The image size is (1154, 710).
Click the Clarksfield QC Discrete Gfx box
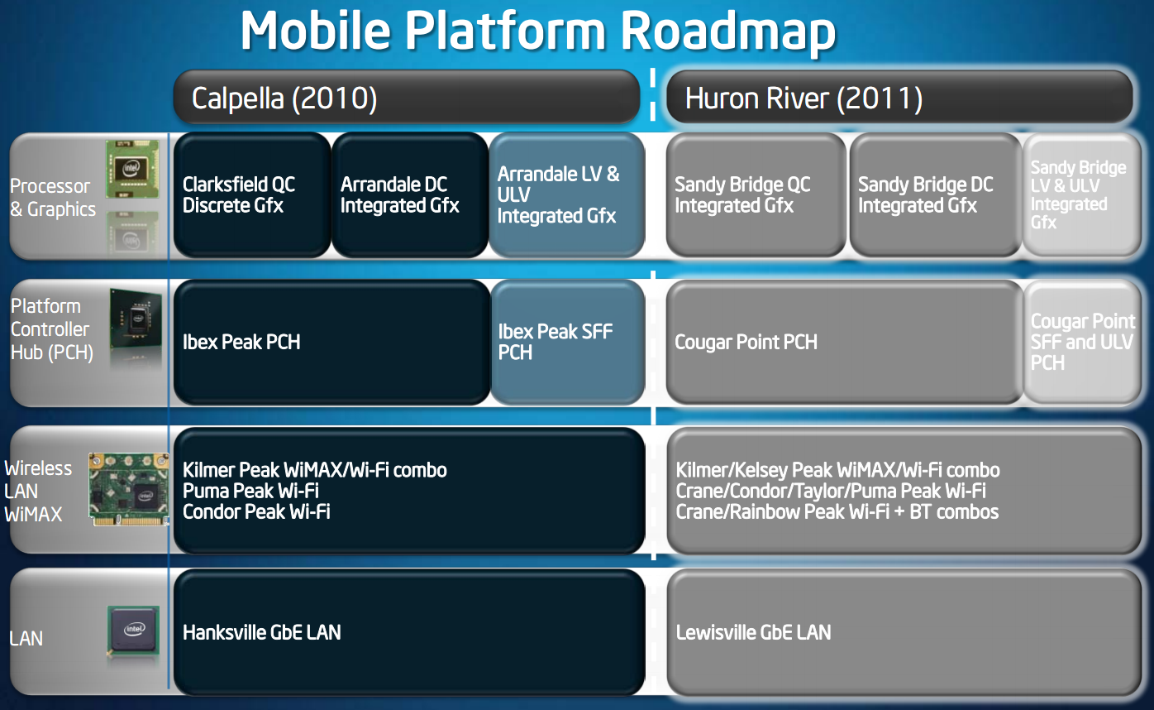coord(252,195)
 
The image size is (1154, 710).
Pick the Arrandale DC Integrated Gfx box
coord(409,195)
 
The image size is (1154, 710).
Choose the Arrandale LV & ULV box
coord(566,195)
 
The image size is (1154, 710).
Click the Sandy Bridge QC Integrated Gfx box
coord(756,195)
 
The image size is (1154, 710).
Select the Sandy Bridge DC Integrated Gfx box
coord(935,195)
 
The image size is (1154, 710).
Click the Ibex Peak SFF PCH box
coord(567,342)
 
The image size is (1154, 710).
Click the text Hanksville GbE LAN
coord(261,633)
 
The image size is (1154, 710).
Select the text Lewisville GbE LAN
coord(753,633)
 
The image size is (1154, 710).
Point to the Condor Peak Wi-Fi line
coord(256,512)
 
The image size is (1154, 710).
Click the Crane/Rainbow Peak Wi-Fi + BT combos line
coord(837,512)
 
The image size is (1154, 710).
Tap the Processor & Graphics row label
coord(51,198)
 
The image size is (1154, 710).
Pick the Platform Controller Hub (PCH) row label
coord(50,329)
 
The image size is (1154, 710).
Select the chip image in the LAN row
coord(133,632)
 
